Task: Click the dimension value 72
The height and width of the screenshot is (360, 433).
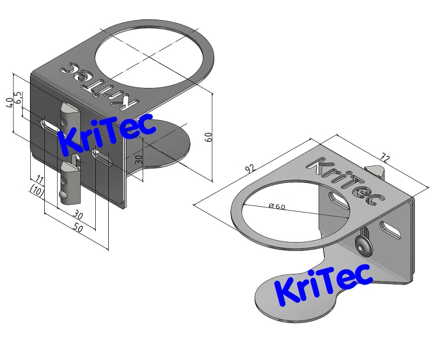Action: [x=385, y=158]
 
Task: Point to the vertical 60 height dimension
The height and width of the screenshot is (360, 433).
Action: [x=208, y=137]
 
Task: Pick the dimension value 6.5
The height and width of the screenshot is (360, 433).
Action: [x=18, y=98]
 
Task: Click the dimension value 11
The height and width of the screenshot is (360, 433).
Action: [x=40, y=180]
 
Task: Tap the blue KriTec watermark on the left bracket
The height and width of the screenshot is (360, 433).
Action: [x=107, y=134]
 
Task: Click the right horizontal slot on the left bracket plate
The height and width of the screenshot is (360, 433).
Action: [x=102, y=157]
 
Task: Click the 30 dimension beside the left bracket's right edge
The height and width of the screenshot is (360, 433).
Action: [x=139, y=159]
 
